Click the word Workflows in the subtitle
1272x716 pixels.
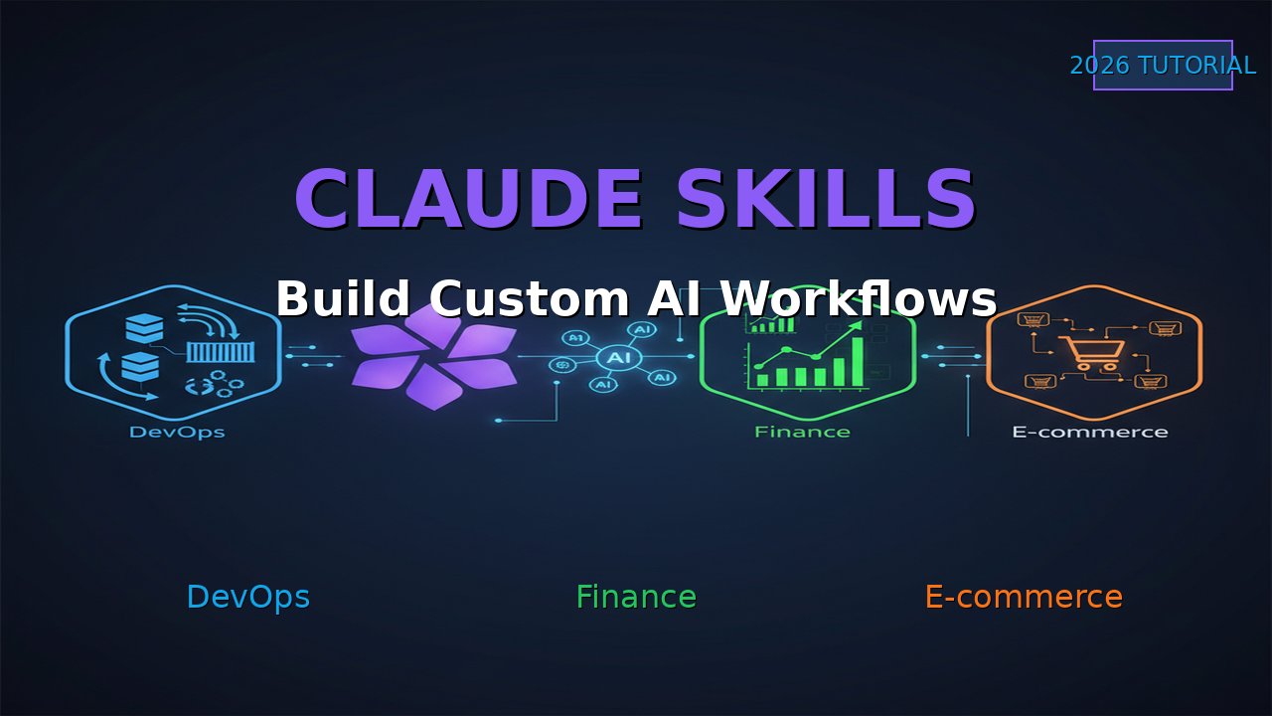point(857,298)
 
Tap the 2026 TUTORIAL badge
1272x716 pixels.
point(1163,66)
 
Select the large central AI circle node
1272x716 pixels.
point(619,357)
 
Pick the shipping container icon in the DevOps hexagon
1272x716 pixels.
point(221,353)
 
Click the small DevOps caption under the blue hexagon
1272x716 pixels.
point(177,433)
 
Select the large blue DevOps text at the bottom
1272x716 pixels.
point(247,597)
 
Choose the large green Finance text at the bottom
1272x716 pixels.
point(636,597)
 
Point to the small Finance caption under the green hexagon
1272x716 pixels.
point(802,433)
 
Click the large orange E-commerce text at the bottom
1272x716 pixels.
point(1024,597)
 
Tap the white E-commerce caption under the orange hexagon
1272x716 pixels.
point(1090,433)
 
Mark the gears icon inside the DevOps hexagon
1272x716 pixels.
point(214,386)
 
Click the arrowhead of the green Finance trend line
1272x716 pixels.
point(856,327)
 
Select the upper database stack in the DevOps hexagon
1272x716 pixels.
point(144,328)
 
